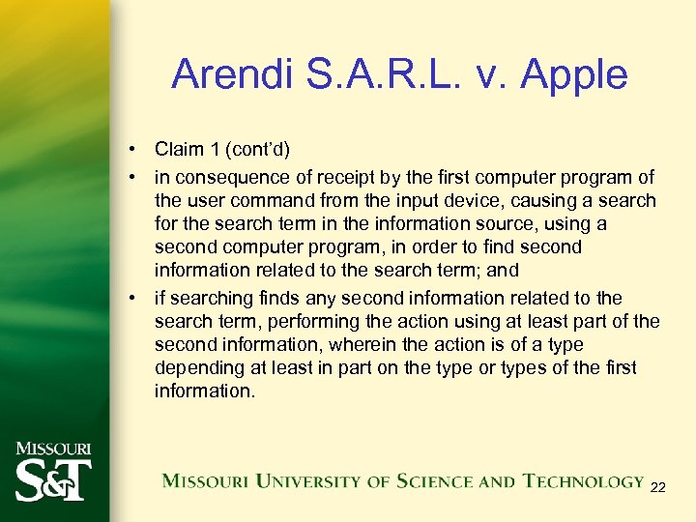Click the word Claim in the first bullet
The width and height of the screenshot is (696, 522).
tap(179, 150)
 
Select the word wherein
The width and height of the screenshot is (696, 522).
tap(360, 344)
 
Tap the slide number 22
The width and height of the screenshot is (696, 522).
tap(657, 487)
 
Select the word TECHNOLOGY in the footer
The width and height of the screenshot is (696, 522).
tap(583, 480)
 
